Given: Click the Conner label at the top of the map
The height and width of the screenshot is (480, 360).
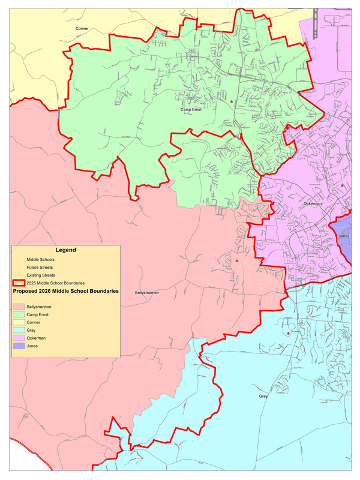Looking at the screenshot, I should point(82,28).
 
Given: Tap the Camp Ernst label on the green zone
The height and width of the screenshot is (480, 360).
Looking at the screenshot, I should point(190,110).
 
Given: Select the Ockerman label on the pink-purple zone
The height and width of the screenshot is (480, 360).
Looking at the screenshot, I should point(313,204).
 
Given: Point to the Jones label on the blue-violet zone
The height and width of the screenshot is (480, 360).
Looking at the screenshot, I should point(344,236).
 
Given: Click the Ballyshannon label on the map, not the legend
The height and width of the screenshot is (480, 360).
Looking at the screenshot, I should point(146,293).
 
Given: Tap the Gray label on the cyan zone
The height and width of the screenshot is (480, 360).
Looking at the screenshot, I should point(263,397).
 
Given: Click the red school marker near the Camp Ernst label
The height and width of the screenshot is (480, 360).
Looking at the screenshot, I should point(231,102).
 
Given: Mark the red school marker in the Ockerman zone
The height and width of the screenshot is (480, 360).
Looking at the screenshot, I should point(342,185).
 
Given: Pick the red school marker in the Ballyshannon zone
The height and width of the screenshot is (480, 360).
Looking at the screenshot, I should point(238,261).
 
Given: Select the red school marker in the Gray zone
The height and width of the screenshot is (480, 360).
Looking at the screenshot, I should point(289,334).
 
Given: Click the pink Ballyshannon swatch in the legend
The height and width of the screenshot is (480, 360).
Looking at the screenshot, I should point(20,307).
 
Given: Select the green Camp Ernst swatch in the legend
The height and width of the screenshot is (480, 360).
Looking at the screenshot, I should point(20,314).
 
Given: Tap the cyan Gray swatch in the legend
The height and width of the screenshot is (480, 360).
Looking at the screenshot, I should point(20,331).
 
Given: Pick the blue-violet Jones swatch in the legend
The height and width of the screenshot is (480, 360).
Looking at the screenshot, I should point(20,346).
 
